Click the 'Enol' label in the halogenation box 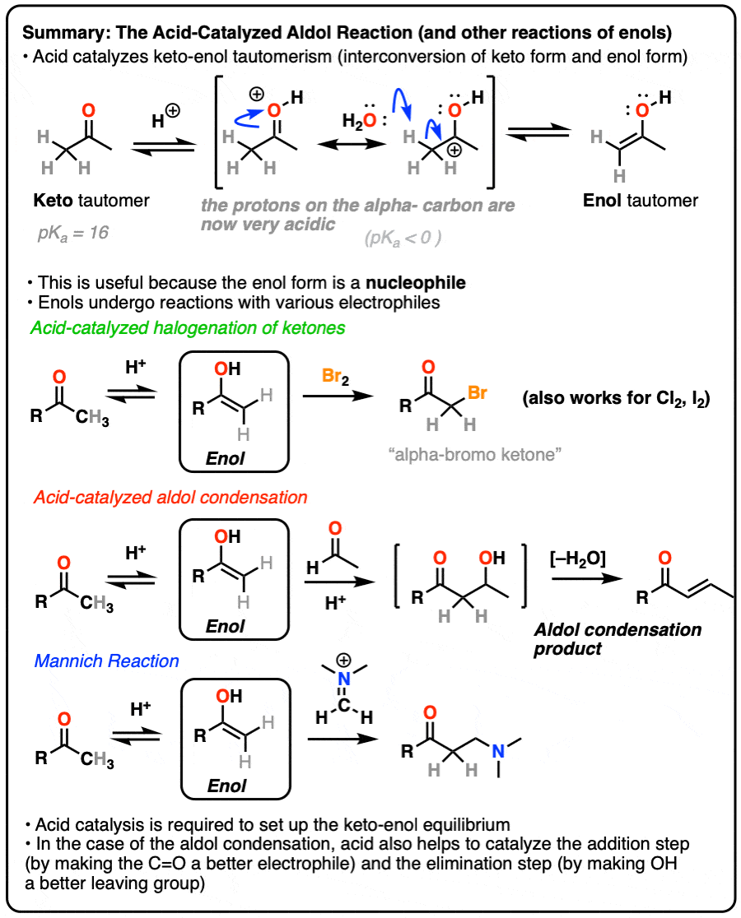226,458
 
